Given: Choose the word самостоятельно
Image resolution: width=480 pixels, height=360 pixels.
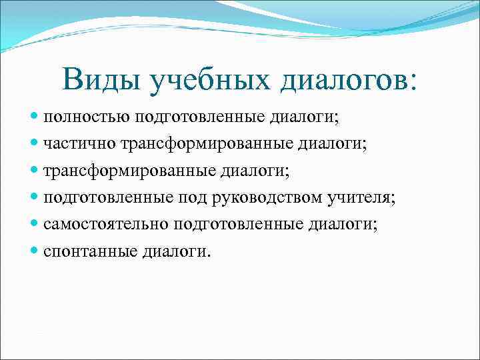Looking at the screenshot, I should [x=107, y=225].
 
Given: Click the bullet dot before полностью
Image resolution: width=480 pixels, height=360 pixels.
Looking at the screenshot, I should [x=35, y=118].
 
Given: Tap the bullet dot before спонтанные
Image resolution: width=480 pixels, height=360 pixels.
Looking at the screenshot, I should [x=35, y=252].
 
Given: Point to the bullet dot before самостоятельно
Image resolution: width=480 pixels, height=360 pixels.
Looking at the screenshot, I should [x=35, y=225].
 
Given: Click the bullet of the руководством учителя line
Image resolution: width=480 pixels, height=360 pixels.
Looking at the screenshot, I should [x=35, y=198].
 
